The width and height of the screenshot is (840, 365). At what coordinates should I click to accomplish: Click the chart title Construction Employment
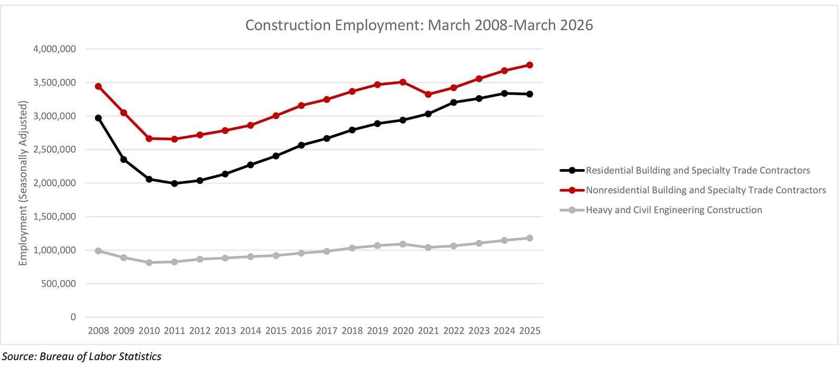click(419, 25)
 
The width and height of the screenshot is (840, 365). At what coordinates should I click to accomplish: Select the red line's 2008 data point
click(98, 86)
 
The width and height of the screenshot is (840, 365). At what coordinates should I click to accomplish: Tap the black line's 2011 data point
click(174, 183)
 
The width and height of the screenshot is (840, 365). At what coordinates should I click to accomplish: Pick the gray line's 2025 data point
click(530, 238)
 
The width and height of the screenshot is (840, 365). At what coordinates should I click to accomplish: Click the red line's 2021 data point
click(428, 95)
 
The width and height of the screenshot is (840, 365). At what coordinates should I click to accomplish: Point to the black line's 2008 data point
click(98, 118)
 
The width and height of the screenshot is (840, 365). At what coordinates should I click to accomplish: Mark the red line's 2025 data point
click(530, 65)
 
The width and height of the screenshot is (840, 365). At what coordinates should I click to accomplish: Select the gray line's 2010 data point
click(149, 262)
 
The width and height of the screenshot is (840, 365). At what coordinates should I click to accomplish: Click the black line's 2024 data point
click(505, 93)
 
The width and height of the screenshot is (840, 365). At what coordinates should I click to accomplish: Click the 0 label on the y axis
click(73, 317)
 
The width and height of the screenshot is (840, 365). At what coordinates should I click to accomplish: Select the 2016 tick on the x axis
click(301, 331)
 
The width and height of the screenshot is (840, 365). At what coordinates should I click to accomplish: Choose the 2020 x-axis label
click(403, 331)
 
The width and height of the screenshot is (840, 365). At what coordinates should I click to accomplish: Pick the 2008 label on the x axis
click(98, 331)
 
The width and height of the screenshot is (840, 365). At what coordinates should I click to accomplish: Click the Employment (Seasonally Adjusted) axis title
click(23, 183)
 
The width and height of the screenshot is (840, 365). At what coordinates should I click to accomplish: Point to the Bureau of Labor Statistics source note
click(82, 357)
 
